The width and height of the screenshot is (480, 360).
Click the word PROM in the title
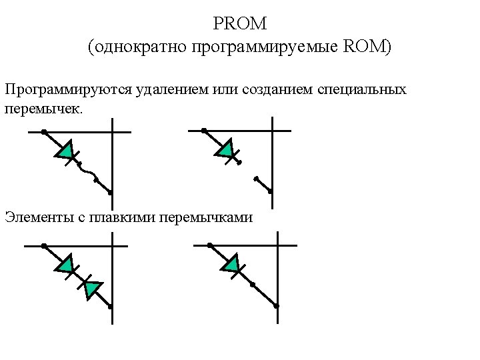tap(240, 24)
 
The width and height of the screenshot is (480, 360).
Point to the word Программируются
tap(60, 89)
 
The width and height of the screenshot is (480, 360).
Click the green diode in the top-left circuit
tap(65, 152)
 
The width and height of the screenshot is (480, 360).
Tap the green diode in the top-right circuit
tap(225, 149)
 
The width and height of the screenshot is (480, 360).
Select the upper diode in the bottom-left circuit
tap(65, 266)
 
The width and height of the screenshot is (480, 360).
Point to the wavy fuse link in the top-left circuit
tap(88, 172)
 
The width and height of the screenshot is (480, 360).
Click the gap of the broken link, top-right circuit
tap(248, 171)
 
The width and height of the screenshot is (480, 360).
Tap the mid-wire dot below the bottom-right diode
tap(253, 285)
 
